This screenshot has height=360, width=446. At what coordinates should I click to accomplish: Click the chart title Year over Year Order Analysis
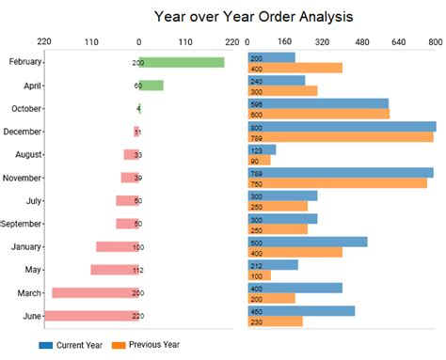click(x=253, y=16)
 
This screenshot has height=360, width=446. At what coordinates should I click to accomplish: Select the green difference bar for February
click(x=183, y=62)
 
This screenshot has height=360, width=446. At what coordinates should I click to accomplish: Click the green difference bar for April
click(x=152, y=85)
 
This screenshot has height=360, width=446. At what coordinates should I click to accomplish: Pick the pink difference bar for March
click(x=94, y=293)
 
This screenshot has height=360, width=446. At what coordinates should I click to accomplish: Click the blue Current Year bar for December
click(x=342, y=126)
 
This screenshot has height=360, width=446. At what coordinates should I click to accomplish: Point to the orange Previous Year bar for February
click(x=295, y=68)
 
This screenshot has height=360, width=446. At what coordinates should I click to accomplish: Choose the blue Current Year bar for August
click(x=262, y=149)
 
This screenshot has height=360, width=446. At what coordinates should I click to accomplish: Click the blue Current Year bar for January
click(x=307, y=242)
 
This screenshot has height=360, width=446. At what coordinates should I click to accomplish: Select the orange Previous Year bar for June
click(x=275, y=321)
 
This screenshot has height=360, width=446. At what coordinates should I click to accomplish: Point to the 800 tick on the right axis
click(x=435, y=42)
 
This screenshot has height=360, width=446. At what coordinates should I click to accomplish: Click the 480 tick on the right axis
click(x=359, y=42)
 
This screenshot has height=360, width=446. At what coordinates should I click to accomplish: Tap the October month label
click(x=24, y=108)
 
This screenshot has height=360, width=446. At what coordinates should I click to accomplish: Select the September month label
click(x=24, y=224)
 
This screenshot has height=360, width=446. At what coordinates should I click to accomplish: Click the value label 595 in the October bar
click(x=256, y=103)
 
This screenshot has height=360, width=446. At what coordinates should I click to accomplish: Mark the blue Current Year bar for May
click(x=272, y=264)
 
